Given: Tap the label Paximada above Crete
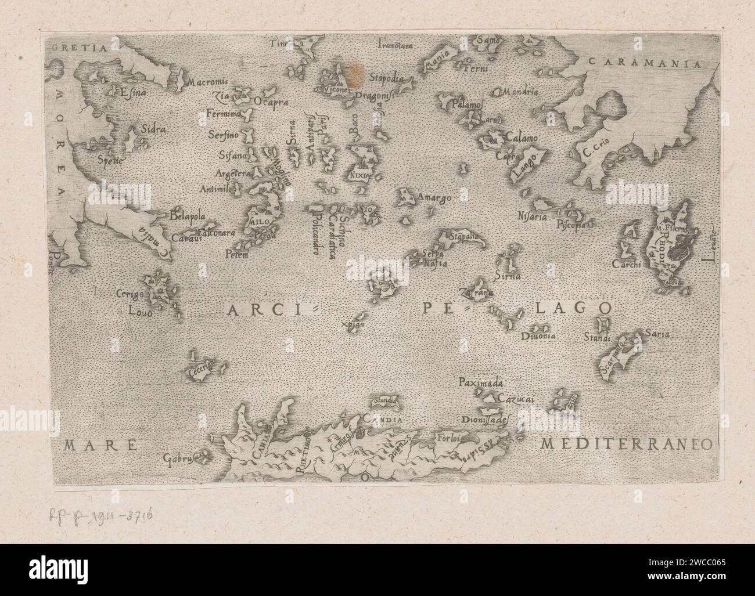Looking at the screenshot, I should coord(483,383).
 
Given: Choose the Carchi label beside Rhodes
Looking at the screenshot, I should coord(626,265).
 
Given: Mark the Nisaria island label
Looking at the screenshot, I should coord(532,217).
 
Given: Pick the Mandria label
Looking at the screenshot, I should coord(521,92).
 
